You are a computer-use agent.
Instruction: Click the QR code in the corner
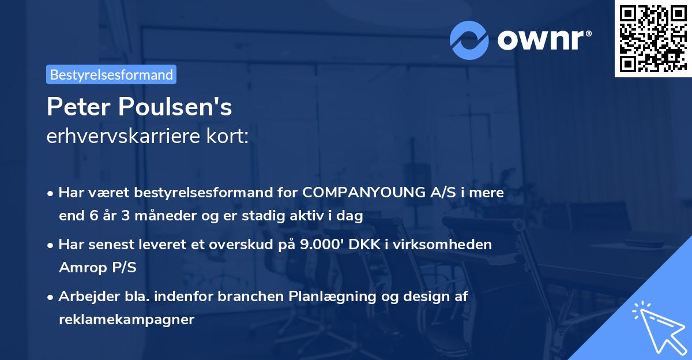coord(653,38)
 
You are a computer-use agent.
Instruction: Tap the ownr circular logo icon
coord(469,40)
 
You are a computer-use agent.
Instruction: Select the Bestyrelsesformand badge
coord(111,74)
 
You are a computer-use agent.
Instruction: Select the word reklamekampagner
coord(126,320)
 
